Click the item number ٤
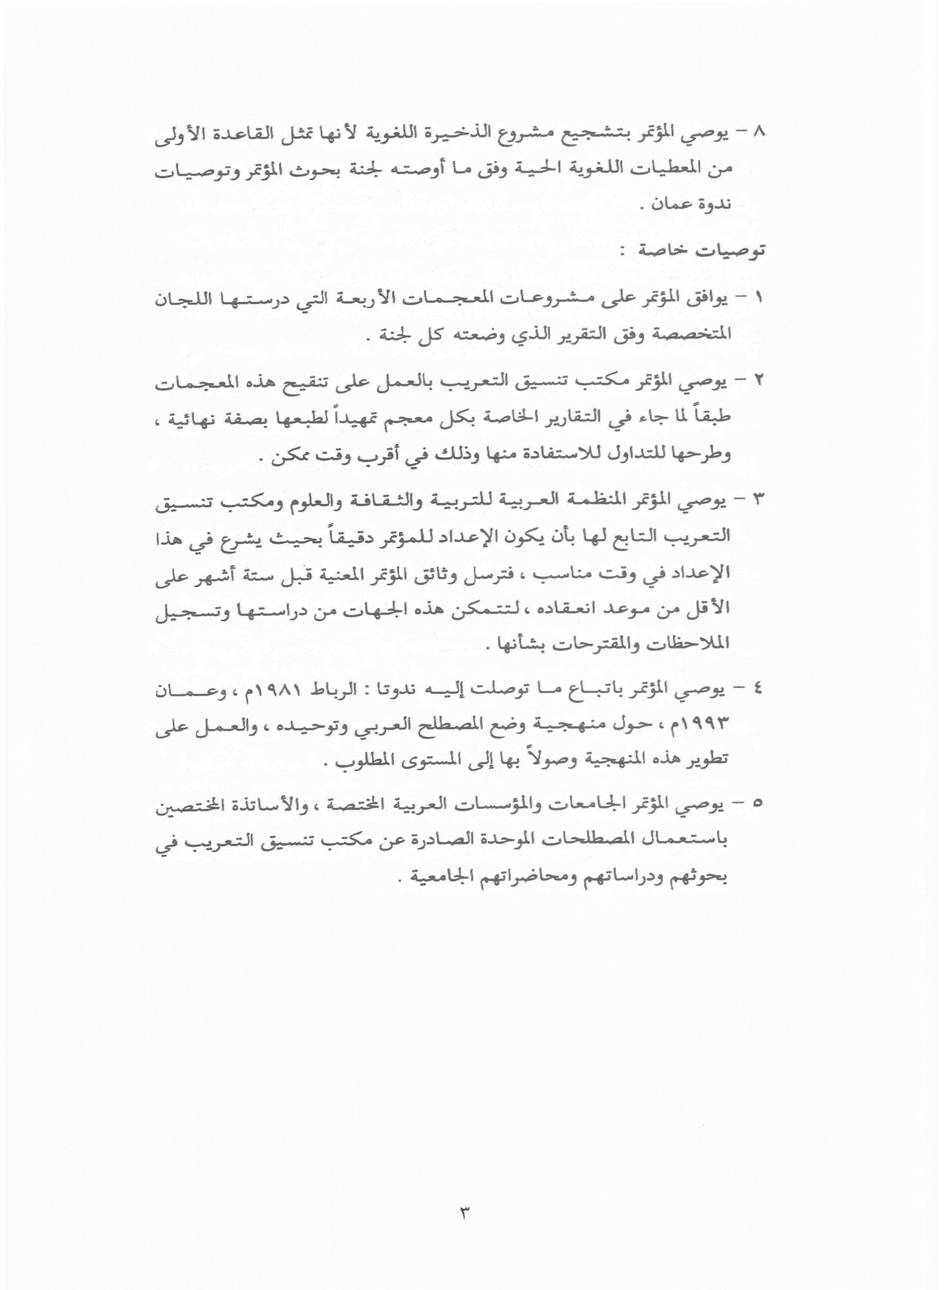(759, 691)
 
